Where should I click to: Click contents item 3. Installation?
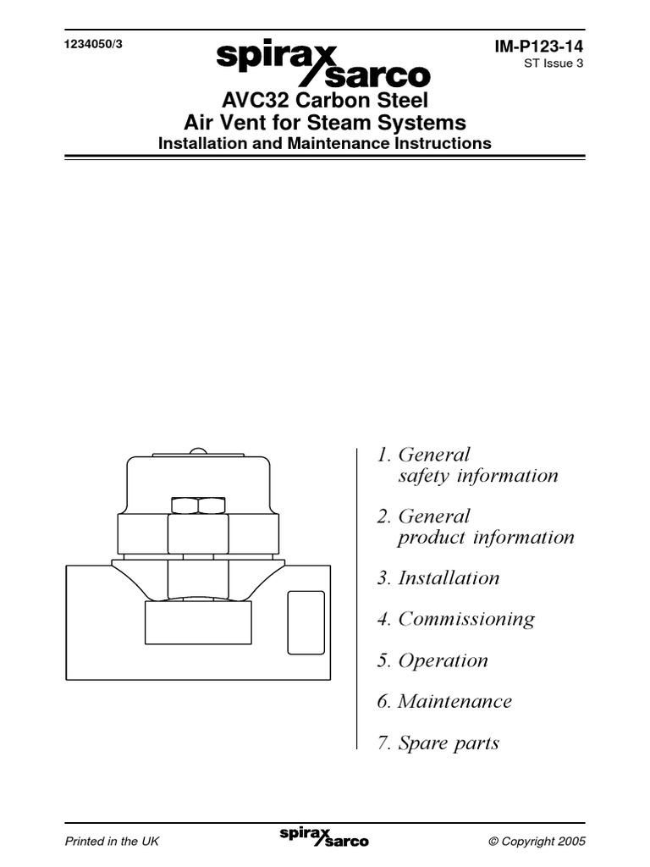[x=438, y=578]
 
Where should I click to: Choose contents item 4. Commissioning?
[x=455, y=619]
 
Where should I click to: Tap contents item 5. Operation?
[x=432, y=660]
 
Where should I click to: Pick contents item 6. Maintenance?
[x=444, y=701]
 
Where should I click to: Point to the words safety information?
[x=478, y=476]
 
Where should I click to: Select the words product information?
[x=486, y=538]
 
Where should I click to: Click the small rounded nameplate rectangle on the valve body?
[x=306, y=622]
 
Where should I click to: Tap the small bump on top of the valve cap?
[x=197, y=450]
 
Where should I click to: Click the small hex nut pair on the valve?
[x=196, y=505]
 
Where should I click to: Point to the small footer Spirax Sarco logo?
[x=324, y=838]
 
